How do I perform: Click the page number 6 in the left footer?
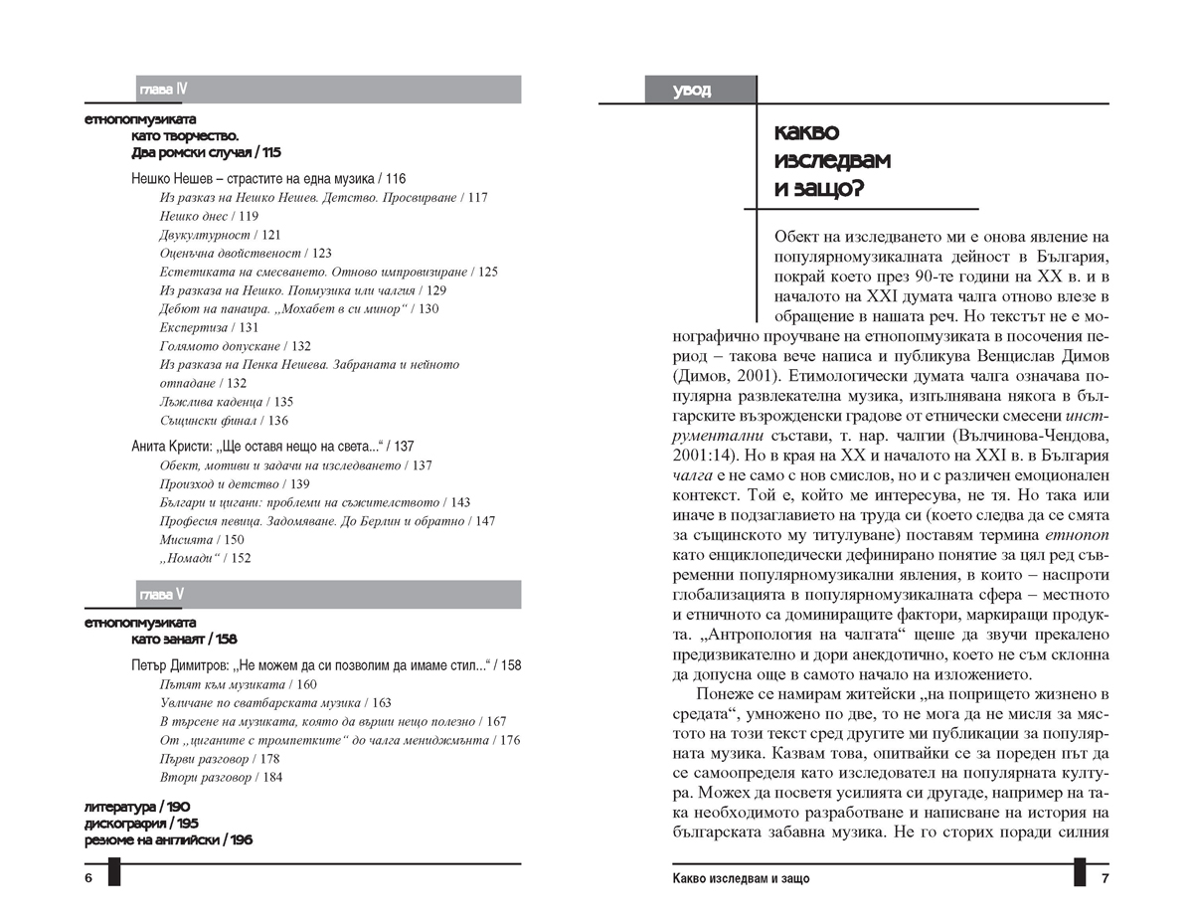(88, 879)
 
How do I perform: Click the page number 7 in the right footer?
(1104, 879)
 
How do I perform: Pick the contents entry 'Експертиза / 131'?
(209, 327)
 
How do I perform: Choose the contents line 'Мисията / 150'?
(202, 539)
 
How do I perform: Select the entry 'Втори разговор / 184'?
(220, 777)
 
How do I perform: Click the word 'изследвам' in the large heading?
(832, 160)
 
